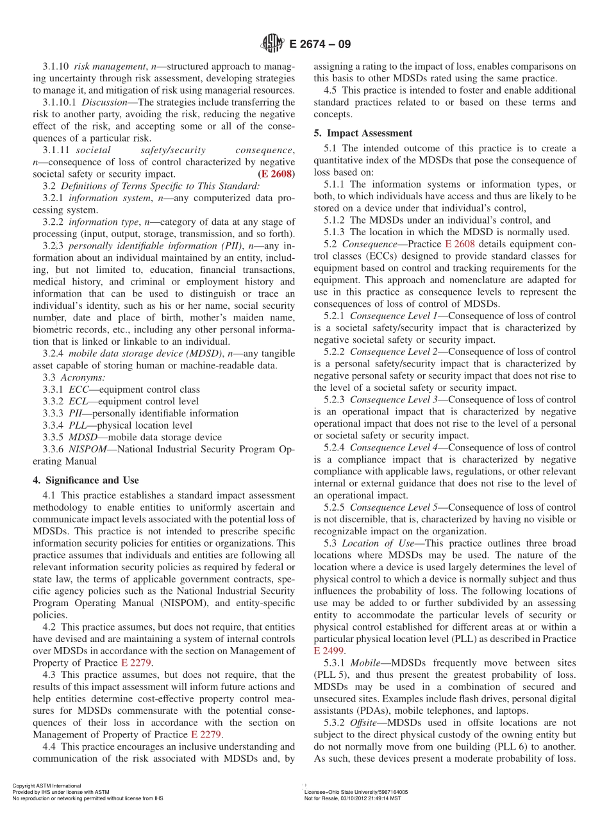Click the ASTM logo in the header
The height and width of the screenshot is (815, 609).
pos(272,44)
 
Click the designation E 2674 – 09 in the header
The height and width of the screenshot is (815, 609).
pos(320,44)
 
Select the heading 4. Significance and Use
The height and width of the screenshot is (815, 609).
pos(85,480)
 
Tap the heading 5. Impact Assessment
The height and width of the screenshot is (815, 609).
pos(363,133)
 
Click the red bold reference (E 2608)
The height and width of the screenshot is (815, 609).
pos(276,174)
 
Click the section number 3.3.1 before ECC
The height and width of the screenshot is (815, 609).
pos(54,390)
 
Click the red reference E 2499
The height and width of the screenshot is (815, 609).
pos(329,651)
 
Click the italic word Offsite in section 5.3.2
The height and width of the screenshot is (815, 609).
pos(363,723)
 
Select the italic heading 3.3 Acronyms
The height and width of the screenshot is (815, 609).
pos(74,377)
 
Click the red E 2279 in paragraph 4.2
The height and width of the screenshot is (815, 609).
pos(137,663)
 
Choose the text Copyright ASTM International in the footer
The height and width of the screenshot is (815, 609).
pos(47,786)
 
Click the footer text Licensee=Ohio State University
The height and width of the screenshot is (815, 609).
pos(356,792)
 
